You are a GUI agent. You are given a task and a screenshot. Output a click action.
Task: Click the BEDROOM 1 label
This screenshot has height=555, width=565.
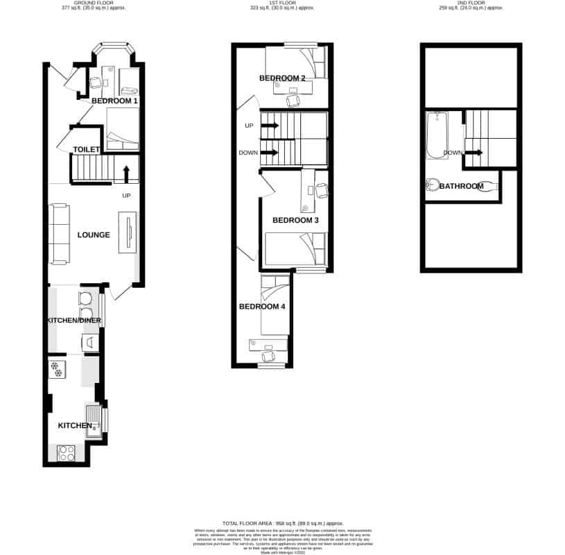click(114, 101)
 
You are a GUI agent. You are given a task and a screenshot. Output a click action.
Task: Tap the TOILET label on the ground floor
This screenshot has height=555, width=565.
click(87, 149)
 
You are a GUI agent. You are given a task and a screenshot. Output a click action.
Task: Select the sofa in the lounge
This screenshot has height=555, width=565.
click(60, 234)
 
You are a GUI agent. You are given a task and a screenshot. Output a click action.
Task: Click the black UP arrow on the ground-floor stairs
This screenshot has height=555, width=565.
click(126, 172)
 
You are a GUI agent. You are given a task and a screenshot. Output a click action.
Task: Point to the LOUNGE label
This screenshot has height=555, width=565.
click(94, 235)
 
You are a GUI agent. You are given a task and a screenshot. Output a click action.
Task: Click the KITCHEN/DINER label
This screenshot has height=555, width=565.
click(73, 321)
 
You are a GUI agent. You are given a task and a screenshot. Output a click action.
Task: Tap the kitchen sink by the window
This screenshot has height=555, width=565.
click(92, 419)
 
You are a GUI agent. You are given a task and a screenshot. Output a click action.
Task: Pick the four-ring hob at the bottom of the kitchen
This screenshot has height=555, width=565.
click(67, 453)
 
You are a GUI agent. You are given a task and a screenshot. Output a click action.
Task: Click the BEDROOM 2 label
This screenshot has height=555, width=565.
click(282, 78)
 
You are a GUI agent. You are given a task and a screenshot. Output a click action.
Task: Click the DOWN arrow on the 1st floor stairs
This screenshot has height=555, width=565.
click(270, 153)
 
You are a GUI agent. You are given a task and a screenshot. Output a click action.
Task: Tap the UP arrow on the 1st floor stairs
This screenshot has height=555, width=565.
click(270, 126)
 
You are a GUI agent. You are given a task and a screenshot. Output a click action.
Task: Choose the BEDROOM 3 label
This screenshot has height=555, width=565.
click(295, 221)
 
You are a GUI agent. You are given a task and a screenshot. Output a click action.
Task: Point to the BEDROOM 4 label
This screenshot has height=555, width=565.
click(262, 307)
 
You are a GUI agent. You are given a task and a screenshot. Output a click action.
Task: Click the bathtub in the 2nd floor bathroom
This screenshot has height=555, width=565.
click(435, 136)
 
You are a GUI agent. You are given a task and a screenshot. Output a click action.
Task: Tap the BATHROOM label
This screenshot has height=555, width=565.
click(461, 186)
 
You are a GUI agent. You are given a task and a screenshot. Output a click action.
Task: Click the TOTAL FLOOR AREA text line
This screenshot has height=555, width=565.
click(282, 523)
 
